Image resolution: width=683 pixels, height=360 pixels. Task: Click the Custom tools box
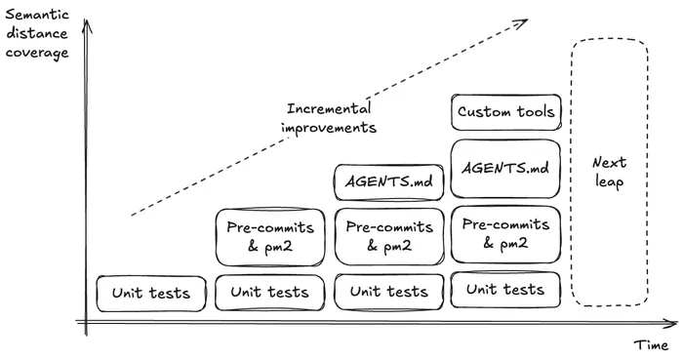[x=505, y=112]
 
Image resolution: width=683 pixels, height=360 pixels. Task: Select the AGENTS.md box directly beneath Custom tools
[x=505, y=168]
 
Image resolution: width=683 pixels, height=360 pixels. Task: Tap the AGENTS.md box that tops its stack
[x=389, y=180]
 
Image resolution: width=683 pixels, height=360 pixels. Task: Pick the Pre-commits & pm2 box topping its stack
[x=269, y=236]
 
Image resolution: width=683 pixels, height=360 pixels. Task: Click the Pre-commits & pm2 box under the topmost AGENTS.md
[x=389, y=236]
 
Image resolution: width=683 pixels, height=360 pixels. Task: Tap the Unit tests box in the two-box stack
[x=269, y=292]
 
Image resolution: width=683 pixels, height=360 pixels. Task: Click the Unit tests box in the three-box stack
[x=389, y=292]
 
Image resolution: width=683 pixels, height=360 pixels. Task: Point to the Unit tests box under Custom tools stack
[x=505, y=290]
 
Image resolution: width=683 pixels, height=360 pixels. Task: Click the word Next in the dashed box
[x=609, y=163]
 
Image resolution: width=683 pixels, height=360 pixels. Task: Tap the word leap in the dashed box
[x=609, y=182]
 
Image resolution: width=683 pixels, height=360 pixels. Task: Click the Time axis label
[x=651, y=344]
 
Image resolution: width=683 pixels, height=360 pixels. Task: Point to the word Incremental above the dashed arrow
[x=328, y=108]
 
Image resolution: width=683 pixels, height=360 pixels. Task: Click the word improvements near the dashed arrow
[x=329, y=127]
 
